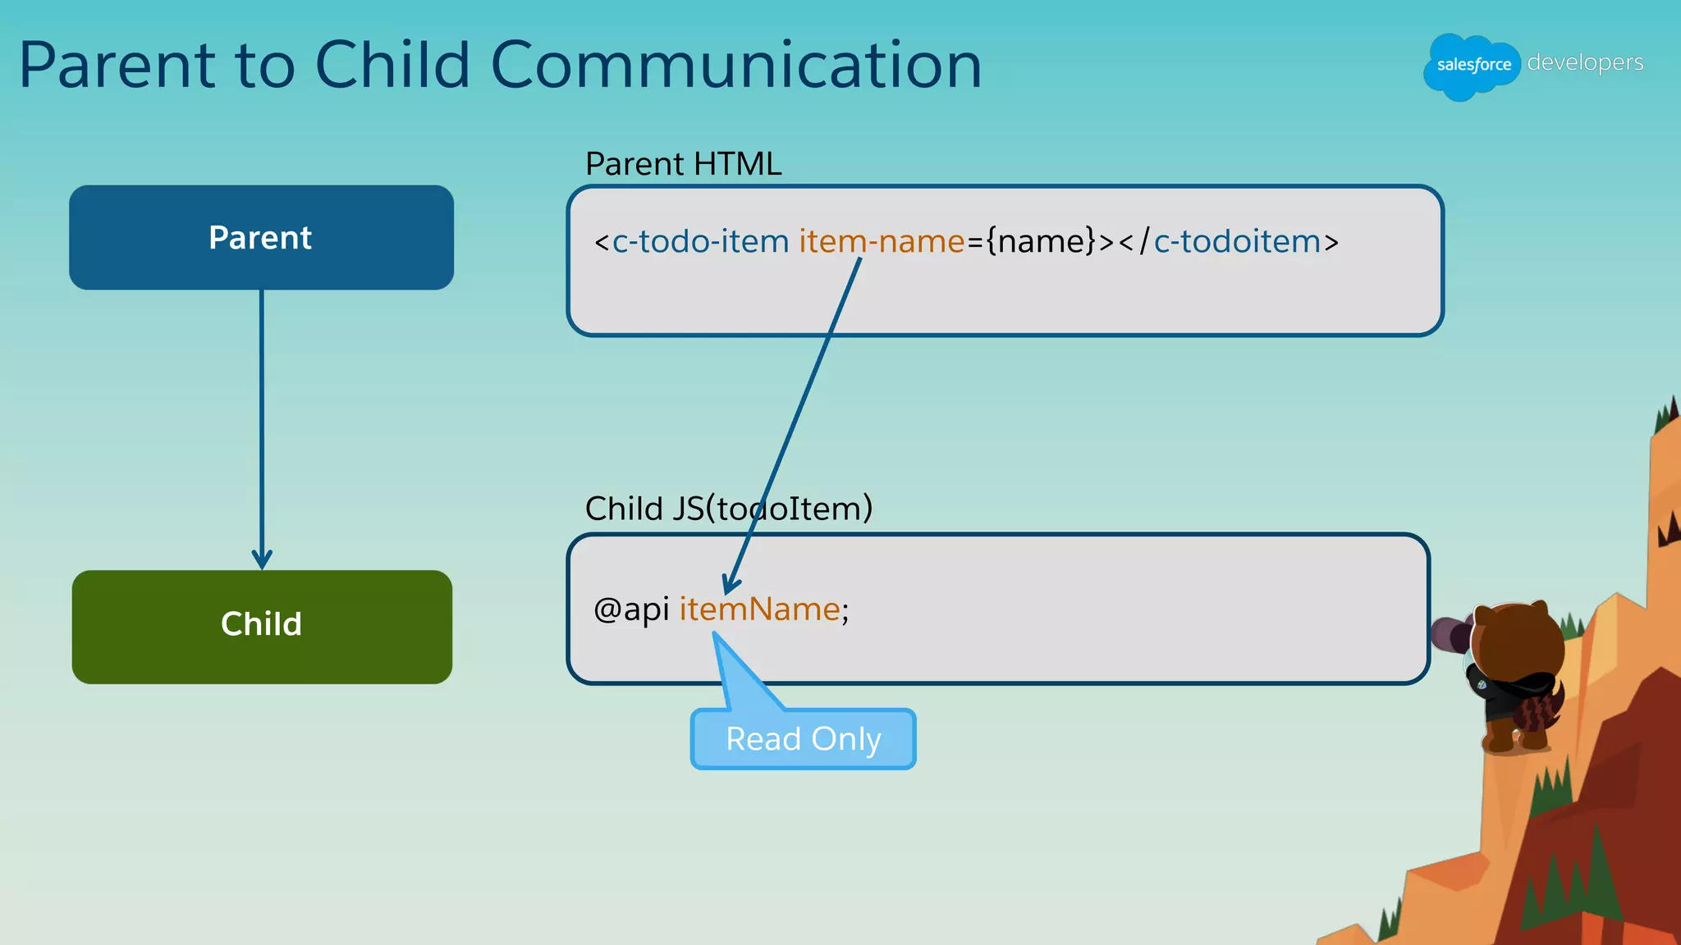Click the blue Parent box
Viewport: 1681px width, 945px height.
tap(261, 237)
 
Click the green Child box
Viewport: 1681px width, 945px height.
tap(261, 627)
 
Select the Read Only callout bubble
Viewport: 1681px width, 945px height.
tap(803, 739)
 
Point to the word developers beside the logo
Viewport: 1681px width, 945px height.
tap(1585, 62)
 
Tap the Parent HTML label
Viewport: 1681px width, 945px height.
tap(683, 164)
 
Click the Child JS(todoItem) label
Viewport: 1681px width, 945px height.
tap(728, 509)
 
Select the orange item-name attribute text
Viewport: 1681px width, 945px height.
tap(881, 241)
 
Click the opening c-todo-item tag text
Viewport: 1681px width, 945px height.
tap(699, 241)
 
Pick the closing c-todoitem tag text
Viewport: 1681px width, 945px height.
tap(1236, 241)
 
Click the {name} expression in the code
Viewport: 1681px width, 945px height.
tap(1041, 241)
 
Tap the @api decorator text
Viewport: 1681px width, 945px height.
tap(631, 609)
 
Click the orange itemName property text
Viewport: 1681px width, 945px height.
tap(759, 609)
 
